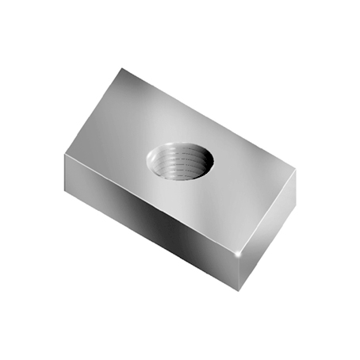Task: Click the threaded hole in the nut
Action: click(x=180, y=160)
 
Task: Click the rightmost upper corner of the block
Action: click(x=295, y=168)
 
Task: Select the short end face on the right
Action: click(x=267, y=230)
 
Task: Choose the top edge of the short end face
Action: click(x=269, y=210)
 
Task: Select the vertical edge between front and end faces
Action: click(x=240, y=272)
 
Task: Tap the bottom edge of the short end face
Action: click(x=266, y=249)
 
